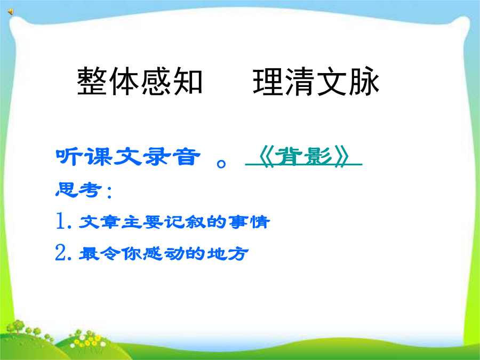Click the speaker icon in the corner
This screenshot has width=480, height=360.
[x=11, y=12]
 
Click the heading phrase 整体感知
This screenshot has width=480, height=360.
[x=140, y=82]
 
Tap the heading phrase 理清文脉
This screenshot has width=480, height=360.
[x=316, y=82]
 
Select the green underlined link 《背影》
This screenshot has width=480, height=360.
[x=303, y=156]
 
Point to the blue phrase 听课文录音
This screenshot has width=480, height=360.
[x=128, y=156]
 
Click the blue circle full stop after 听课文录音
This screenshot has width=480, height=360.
[x=221, y=164]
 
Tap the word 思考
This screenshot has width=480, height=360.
[x=78, y=190]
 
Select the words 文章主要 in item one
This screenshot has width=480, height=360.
[x=121, y=222]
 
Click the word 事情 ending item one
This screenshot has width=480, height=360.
[x=249, y=222]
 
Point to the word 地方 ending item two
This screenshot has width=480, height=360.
[x=227, y=253]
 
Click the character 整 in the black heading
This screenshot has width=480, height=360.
[x=92, y=82]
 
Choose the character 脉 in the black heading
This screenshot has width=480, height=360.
[x=364, y=82]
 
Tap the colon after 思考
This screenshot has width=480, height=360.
[x=109, y=191]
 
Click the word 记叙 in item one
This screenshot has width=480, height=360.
[x=186, y=222]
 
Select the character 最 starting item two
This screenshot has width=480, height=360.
[x=89, y=253]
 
